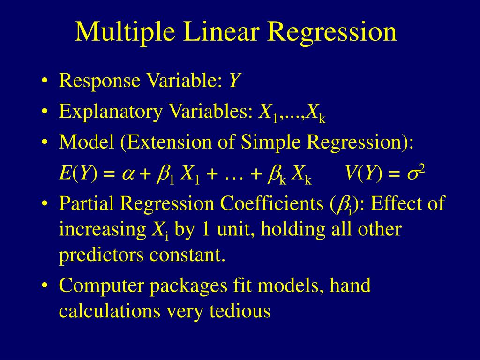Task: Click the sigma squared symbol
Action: (x=415, y=174)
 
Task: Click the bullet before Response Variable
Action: (x=45, y=82)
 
